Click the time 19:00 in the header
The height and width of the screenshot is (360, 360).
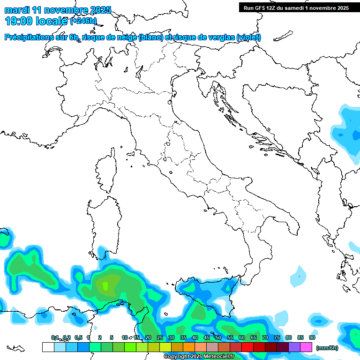(x=21, y=21)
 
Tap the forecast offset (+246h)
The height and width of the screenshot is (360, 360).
(x=83, y=21)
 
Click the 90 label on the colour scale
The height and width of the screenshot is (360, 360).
(x=312, y=337)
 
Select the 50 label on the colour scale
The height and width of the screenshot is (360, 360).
(x=218, y=337)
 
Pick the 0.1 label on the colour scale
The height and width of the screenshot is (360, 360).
(x=54, y=337)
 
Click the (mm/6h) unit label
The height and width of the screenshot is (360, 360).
(x=327, y=347)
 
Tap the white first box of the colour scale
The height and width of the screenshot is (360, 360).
(x=48, y=347)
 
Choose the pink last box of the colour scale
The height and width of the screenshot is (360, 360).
(x=306, y=347)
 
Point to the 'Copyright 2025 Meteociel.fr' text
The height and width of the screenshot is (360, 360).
(x=199, y=357)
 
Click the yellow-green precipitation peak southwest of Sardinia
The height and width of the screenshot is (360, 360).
(x=105, y=285)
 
